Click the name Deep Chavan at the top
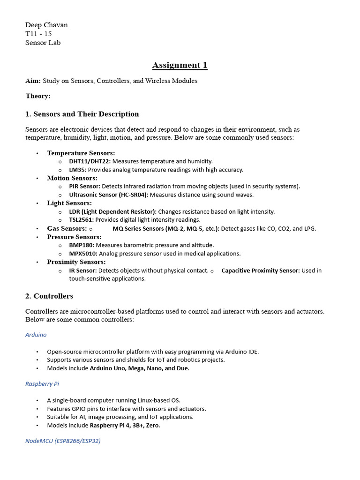click(46, 25)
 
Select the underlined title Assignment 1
click(180, 65)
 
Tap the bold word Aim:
click(33, 81)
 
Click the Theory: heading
click(38, 96)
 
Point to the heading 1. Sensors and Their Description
click(82, 114)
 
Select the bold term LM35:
click(78, 170)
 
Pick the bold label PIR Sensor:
click(84, 186)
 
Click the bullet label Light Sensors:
click(69, 203)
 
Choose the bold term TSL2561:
click(81, 220)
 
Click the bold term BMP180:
click(82, 245)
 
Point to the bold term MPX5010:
click(83, 254)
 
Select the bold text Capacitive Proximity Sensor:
click(260, 270)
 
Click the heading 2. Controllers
click(49, 296)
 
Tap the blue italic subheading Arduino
click(36, 335)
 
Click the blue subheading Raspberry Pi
click(42, 383)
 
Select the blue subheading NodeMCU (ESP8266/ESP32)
click(63, 441)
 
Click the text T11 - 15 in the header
click(38, 34)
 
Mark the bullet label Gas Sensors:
click(67, 228)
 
